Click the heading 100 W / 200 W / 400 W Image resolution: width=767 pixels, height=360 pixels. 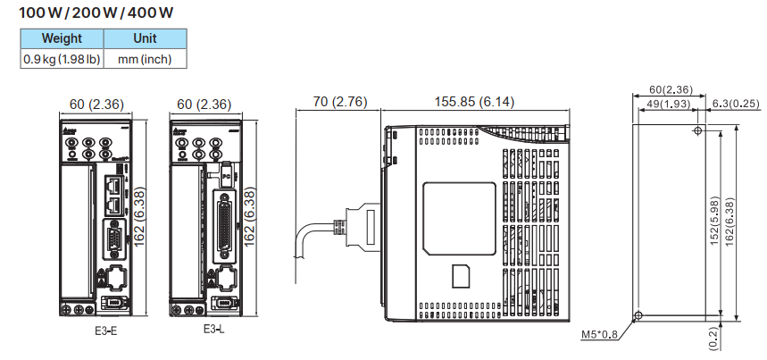pyautogui.click(x=98, y=15)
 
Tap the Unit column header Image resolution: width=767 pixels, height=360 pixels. pyautogui.click(x=145, y=38)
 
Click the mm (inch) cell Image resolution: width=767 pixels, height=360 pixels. pyautogui.click(x=145, y=59)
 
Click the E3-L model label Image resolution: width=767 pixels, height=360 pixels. pyautogui.click(x=213, y=330)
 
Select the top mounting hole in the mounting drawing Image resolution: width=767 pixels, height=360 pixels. pyautogui.click(x=697, y=131)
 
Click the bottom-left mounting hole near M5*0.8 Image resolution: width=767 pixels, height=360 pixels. pyautogui.click(x=638, y=316)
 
